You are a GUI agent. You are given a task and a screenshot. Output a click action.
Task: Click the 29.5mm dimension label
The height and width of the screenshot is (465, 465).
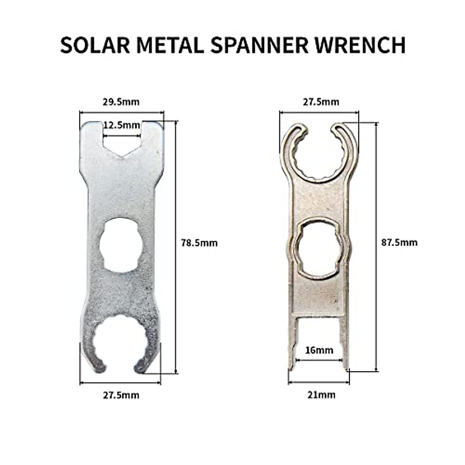(121, 102)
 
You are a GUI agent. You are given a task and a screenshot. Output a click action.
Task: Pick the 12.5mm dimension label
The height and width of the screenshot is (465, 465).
(121, 125)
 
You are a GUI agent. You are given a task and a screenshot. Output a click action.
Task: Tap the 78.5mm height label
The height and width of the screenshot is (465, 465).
(199, 243)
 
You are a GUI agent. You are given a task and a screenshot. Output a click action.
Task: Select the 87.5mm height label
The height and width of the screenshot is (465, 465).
(400, 243)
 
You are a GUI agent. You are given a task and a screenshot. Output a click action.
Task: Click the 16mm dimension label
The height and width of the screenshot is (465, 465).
(319, 350)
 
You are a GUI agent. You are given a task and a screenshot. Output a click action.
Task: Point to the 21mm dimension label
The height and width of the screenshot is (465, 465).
(319, 395)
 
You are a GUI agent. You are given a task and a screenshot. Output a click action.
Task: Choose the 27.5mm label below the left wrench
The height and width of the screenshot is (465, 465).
(121, 395)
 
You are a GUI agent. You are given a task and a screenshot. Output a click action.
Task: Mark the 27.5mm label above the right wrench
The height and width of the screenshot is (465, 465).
(320, 102)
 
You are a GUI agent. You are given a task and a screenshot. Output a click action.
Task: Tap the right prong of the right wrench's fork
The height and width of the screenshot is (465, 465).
(345, 341)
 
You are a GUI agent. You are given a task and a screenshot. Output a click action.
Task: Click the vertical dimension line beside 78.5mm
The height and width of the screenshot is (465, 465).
(176, 271)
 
